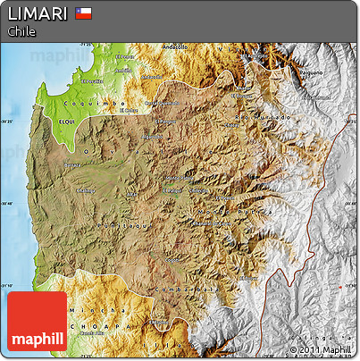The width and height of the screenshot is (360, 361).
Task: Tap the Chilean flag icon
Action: pyautogui.click(x=83, y=13)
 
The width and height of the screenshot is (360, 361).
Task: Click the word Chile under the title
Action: pyautogui.click(x=21, y=31)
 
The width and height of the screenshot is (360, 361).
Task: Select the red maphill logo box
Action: pyautogui.click(x=38, y=322)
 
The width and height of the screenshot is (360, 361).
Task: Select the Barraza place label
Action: pyautogui.click(x=73, y=165)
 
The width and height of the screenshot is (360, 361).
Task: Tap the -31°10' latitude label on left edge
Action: pyautogui.click(x=8, y=286)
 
